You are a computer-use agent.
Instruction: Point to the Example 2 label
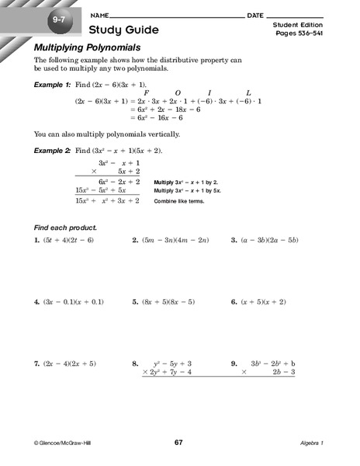tap(52, 148)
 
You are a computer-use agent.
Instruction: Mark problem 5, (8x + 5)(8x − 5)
tap(163, 301)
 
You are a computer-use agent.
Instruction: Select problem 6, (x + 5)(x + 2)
tap(259, 301)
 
